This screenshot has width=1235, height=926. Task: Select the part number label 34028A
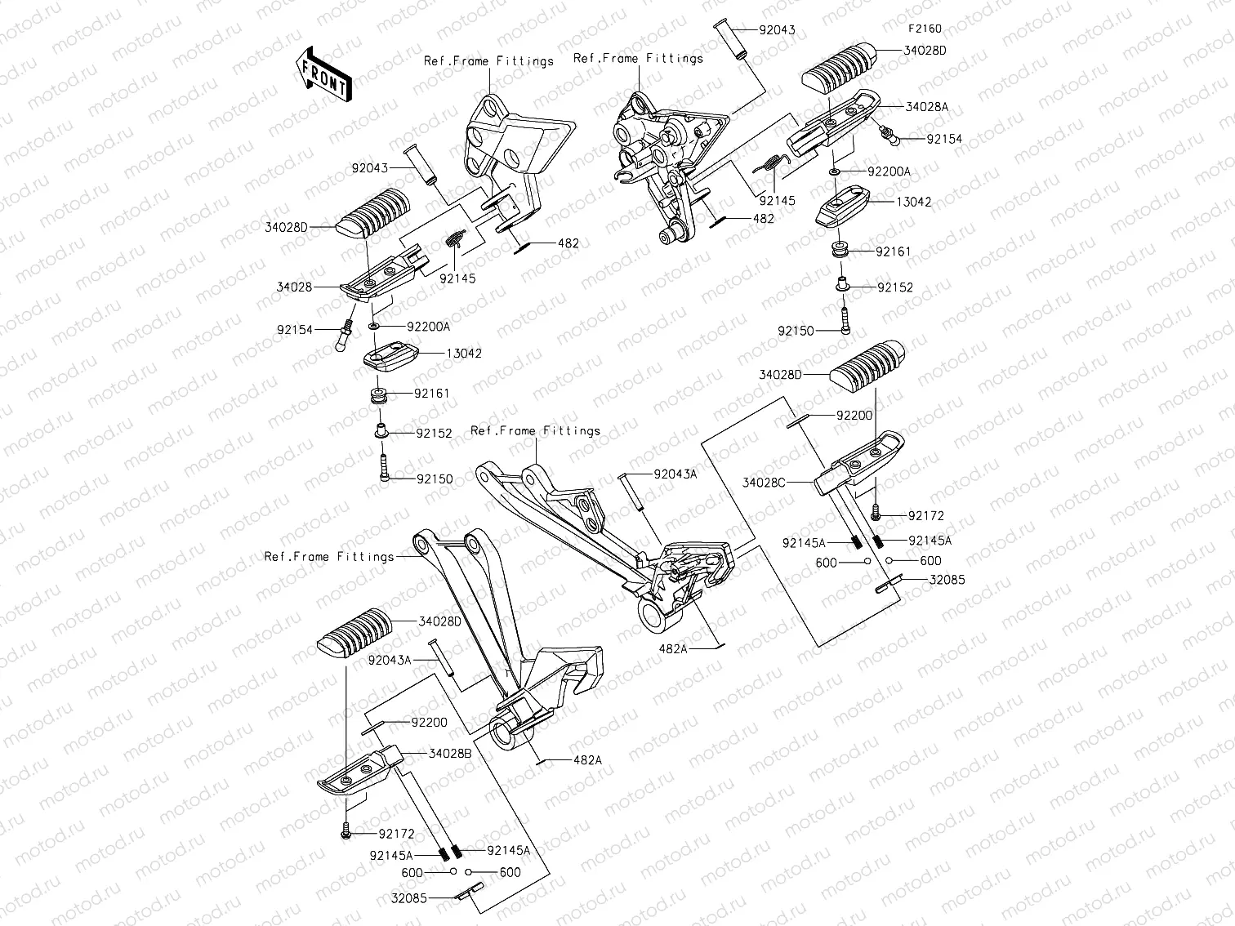click(x=926, y=107)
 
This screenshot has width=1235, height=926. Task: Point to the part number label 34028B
click(x=450, y=753)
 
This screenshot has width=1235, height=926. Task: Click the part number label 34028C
click(x=764, y=483)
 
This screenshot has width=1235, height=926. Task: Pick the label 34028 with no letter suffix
click(x=295, y=287)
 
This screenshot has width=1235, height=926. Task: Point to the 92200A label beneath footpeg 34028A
click(x=889, y=172)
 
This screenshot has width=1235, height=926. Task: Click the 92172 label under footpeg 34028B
click(x=396, y=835)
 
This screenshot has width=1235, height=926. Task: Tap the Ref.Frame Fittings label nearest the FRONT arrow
click(x=488, y=61)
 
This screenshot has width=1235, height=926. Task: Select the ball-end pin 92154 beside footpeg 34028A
click(x=889, y=132)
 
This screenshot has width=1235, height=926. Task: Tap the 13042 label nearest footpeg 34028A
click(x=913, y=202)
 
